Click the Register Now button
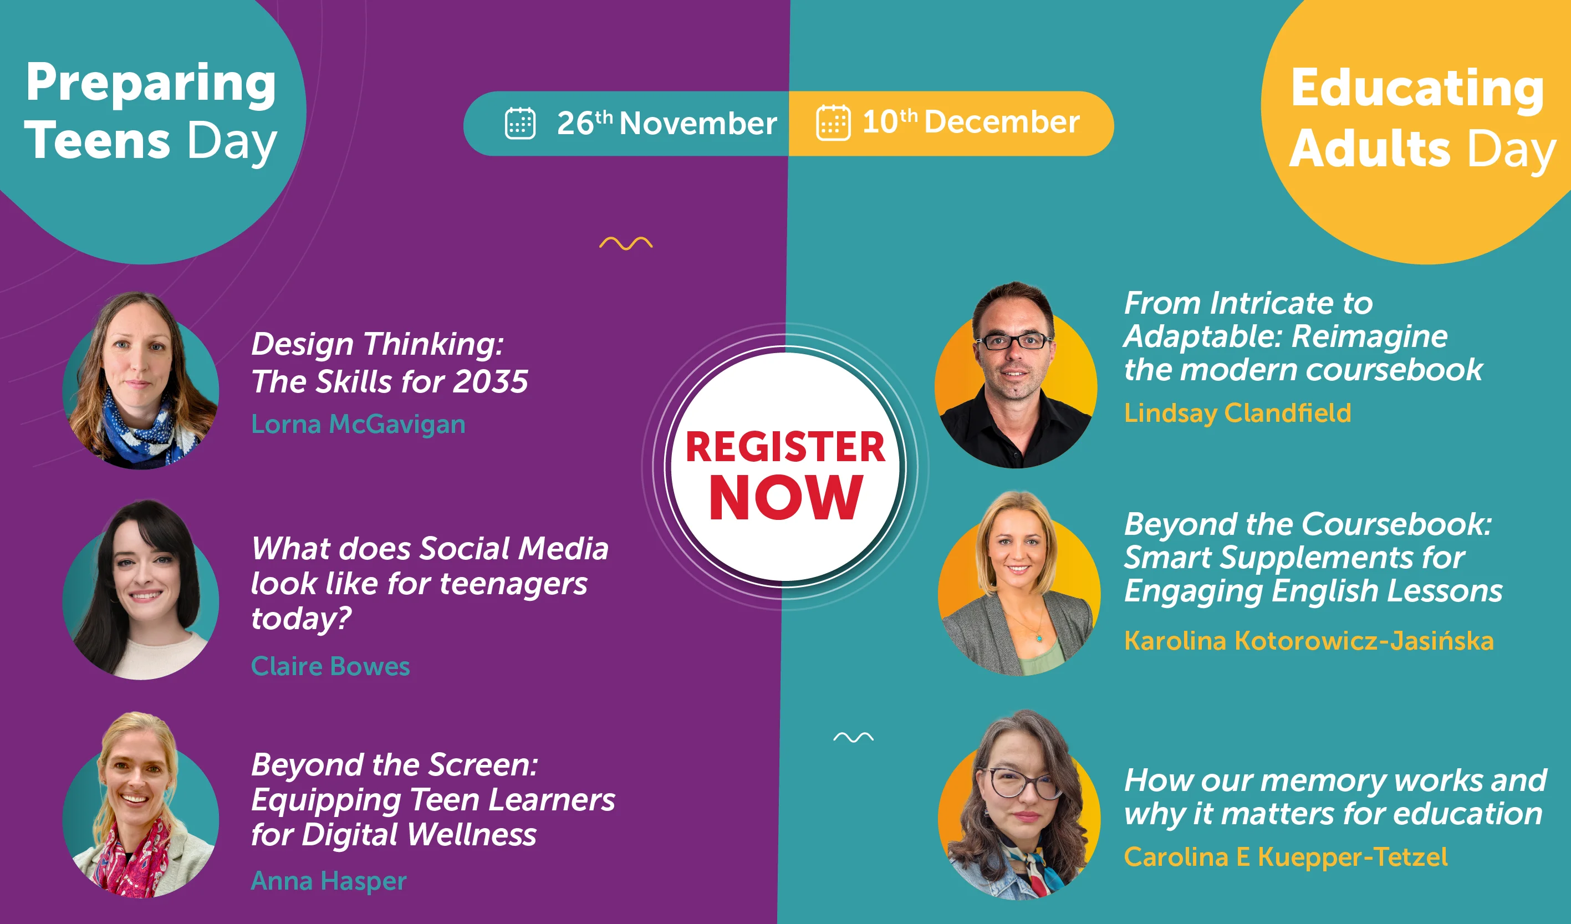tap(785, 467)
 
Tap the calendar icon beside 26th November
tap(520, 123)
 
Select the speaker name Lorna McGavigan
tap(358, 424)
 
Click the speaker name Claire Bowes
tap(330, 666)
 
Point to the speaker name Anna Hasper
tap(329, 881)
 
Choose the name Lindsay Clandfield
tap(1237, 413)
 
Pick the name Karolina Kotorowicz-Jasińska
tap(1309, 640)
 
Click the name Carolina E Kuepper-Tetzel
tap(1286, 857)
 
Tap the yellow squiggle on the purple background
tap(626, 243)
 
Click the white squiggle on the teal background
tap(854, 738)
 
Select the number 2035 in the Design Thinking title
tap(490, 381)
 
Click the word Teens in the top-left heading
tap(97, 140)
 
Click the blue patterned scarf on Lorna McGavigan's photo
tap(147, 430)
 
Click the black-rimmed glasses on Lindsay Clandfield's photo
tap(1014, 341)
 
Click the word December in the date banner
tap(1002, 121)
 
